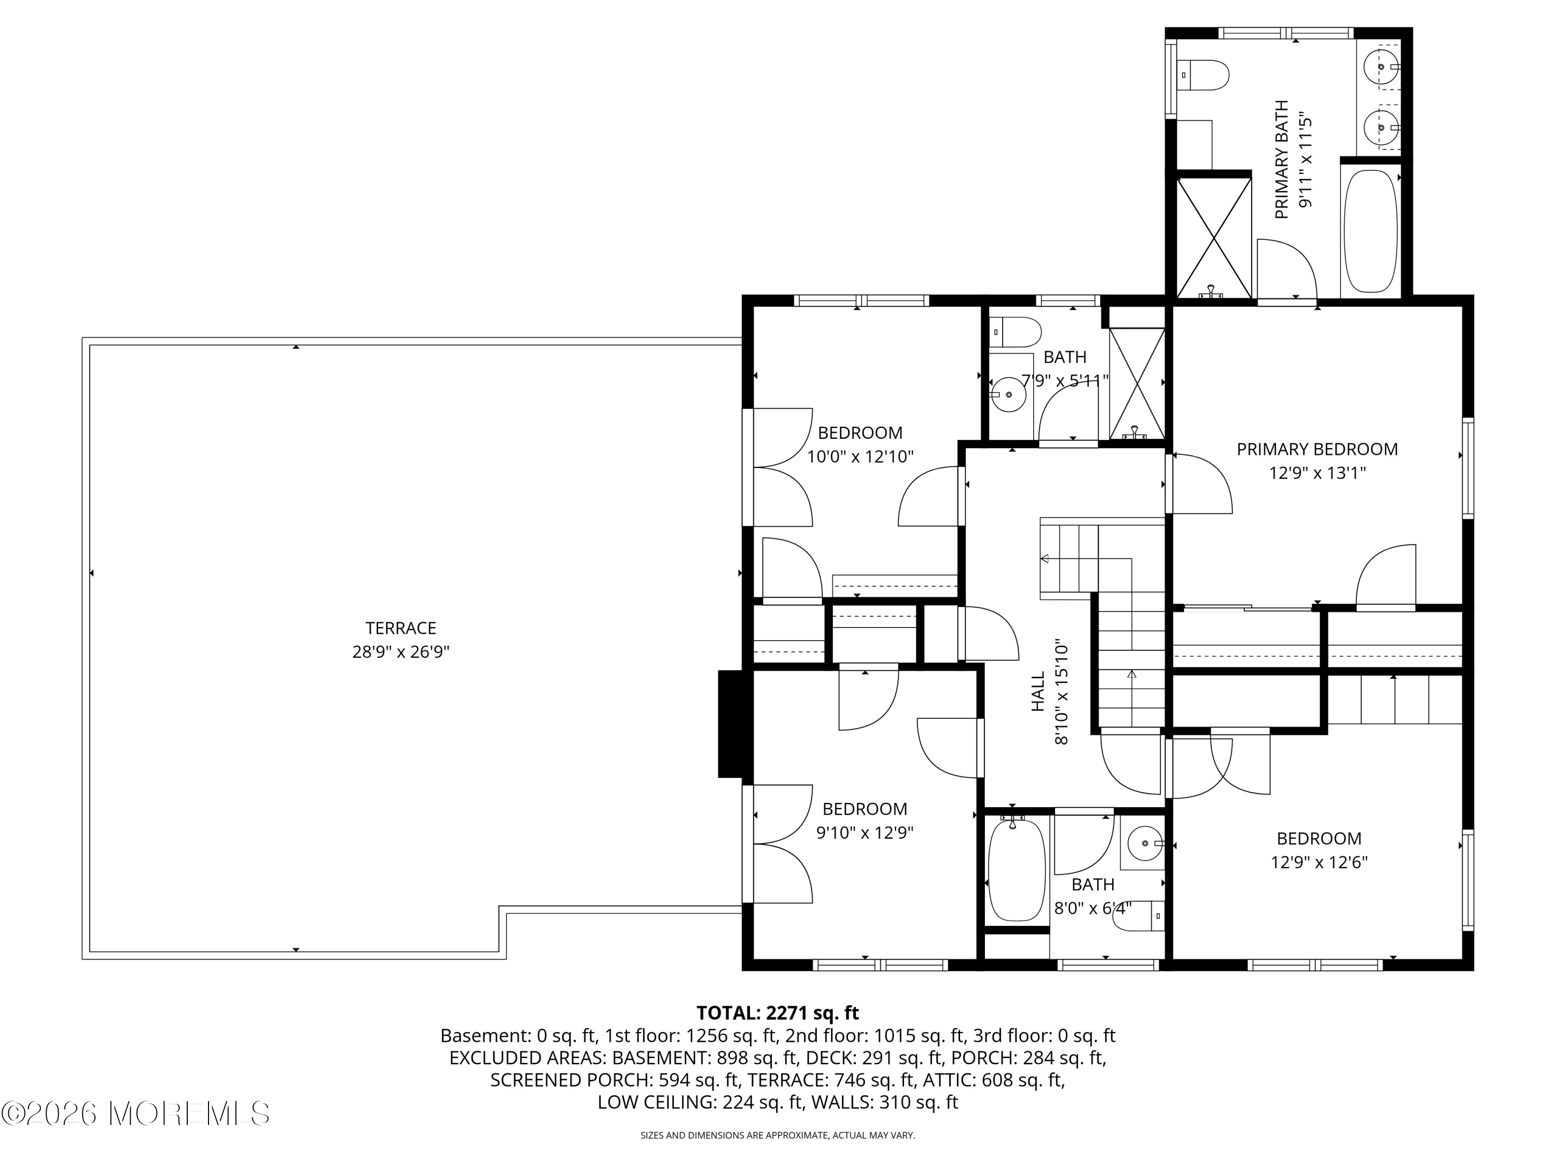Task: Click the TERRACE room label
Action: pos(401,628)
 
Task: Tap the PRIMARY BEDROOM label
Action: pos(1317,449)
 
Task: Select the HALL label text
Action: pos(1038,691)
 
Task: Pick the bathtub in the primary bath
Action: pos(1370,231)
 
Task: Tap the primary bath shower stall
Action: pos(1214,237)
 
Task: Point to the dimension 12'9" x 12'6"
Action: pos(1319,862)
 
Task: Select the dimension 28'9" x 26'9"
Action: pos(401,652)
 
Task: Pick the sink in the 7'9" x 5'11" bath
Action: pos(1009,395)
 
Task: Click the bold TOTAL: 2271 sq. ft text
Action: pos(777,1013)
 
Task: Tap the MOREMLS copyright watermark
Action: pos(135,1113)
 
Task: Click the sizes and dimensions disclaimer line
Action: pos(777,1135)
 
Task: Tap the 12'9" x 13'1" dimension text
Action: pos(1317,473)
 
